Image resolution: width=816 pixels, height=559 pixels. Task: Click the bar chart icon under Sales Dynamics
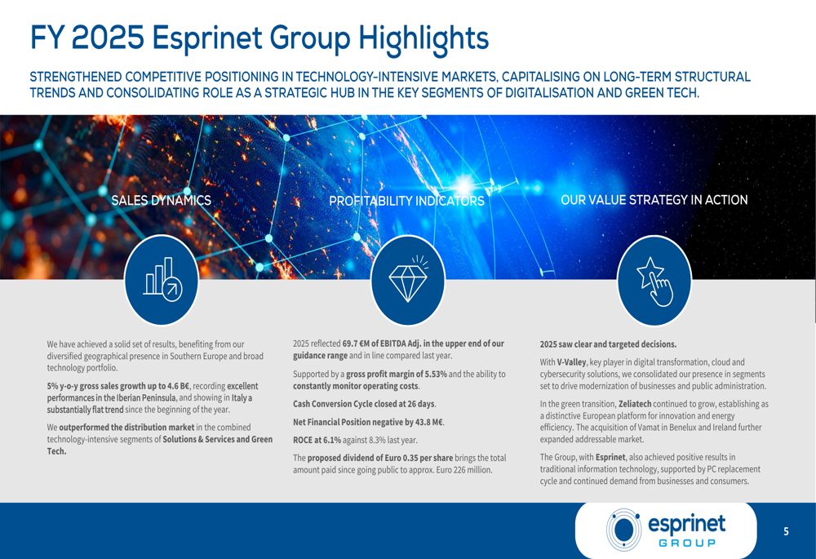(162, 280)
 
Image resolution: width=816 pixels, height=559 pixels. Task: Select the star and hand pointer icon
(654, 280)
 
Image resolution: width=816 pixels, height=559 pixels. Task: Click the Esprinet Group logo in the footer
(666, 529)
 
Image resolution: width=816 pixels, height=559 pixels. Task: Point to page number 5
(786, 531)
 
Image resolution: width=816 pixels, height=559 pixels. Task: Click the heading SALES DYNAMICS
(161, 200)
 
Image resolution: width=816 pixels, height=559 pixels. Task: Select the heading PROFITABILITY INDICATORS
(406, 201)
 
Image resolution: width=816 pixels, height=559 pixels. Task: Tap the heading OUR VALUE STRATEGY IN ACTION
(654, 200)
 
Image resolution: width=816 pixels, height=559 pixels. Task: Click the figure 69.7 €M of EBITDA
(357, 344)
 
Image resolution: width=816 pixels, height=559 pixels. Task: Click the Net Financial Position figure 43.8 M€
(425, 422)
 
